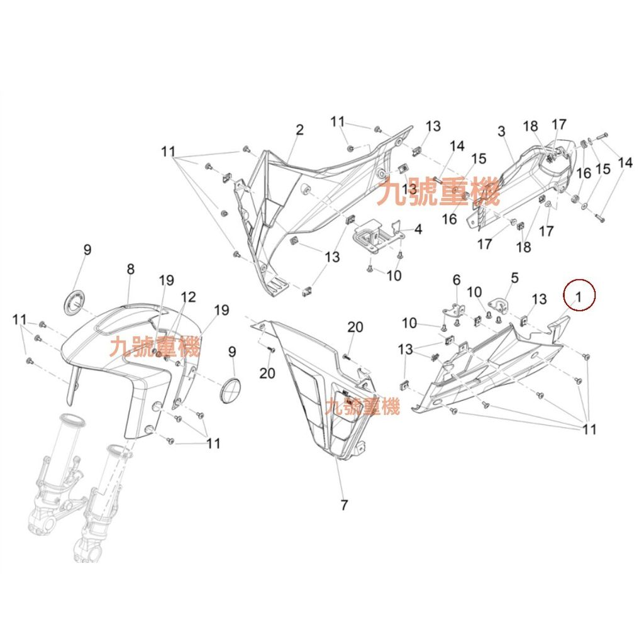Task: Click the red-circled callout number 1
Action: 579,296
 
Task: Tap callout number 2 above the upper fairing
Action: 300,130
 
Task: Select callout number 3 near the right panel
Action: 501,131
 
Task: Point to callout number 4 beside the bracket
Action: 418,229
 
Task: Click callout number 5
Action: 514,277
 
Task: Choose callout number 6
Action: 457,280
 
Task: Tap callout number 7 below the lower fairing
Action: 344,505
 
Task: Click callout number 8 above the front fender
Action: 131,269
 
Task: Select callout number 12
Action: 189,297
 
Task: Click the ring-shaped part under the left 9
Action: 75,303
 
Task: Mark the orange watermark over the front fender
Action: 155,347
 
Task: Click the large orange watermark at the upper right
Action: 438,192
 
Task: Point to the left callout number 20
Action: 267,373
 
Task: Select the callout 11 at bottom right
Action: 589,430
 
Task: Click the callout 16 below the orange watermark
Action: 449,219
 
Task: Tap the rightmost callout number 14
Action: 625,163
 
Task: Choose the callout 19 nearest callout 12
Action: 166,280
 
